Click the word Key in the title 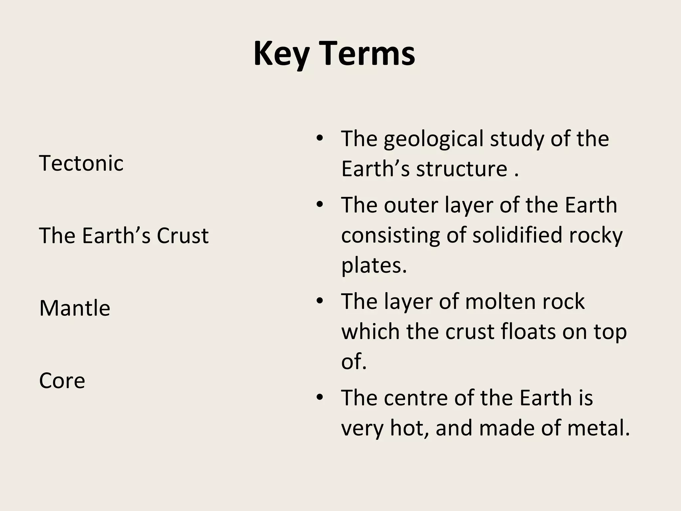pyautogui.click(x=281, y=54)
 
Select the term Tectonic pyautogui.click(x=81, y=163)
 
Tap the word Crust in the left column pyautogui.click(x=183, y=236)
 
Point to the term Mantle pyautogui.click(x=74, y=308)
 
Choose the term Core pyautogui.click(x=62, y=381)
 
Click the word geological pyautogui.click(x=433, y=139)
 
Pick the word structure pyautogui.click(x=462, y=169)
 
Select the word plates pyautogui.click(x=374, y=265)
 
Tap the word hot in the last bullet pyautogui.click(x=409, y=428)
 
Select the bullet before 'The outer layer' pyautogui.click(x=320, y=205)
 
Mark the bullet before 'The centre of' pyautogui.click(x=320, y=398)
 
